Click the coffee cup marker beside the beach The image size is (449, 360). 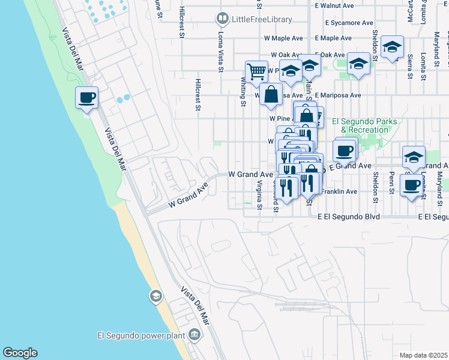[x=87, y=97]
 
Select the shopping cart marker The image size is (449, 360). [x=256, y=71]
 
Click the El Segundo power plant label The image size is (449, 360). [x=142, y=334]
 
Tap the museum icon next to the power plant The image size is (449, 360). [x=194, y=334]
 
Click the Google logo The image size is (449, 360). [x=20, y=353]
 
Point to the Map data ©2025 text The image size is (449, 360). [x=423, y=355]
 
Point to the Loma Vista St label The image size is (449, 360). [x=220, y=52]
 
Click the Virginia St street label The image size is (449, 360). [x=260, y=196]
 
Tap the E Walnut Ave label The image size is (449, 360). [x=334, y=5]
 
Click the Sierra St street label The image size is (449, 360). [x=410, y=66]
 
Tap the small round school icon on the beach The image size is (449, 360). [x=155, y=296]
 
